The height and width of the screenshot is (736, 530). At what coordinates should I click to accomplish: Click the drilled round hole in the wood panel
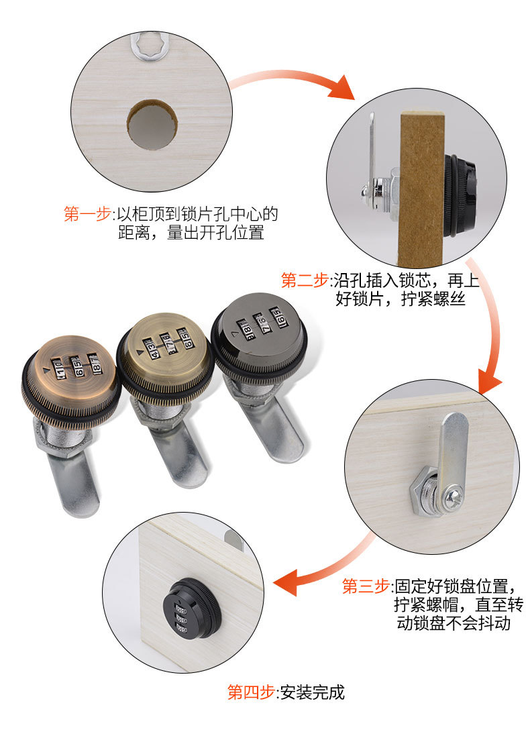pos(152,125)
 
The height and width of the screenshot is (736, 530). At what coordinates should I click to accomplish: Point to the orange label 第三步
pos(366,585)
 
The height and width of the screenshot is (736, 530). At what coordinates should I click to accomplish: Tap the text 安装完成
pos(313,692)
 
